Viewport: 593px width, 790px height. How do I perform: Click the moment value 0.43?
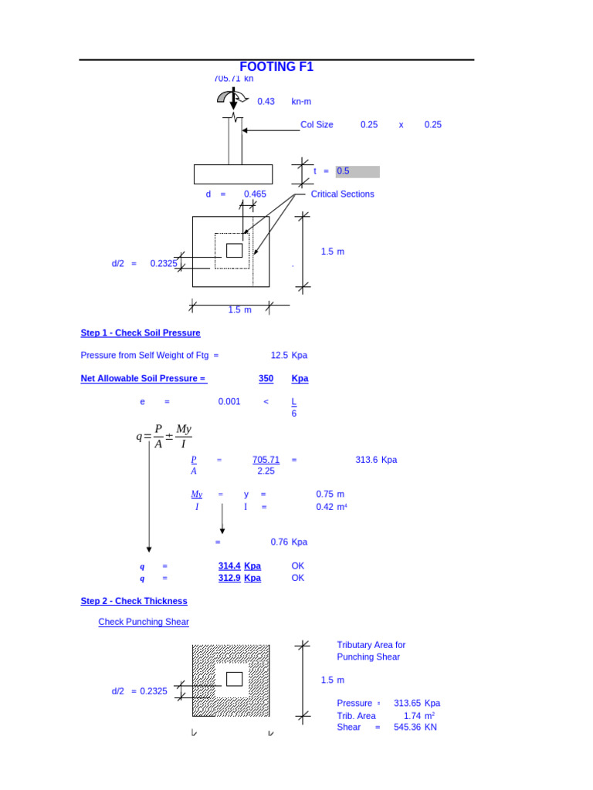pos(266,102)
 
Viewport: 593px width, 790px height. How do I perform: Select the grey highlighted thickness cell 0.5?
pos(357,171)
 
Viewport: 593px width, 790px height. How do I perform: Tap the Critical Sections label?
pos(342,194)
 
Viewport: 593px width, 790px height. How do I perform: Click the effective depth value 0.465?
pos(255,194)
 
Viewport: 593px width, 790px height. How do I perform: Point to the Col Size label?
pos(317,125)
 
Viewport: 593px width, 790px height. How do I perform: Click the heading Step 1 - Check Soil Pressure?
pos(141,333)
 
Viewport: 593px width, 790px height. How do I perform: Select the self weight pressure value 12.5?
pos(279,356)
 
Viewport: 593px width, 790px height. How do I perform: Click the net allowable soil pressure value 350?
pos(266,379)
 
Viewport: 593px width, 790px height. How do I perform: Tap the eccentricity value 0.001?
pos(229,402)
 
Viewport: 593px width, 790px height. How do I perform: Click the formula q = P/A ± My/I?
pos(164,437)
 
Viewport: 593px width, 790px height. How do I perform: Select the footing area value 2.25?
pos(266,471)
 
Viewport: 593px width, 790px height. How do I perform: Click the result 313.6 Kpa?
pos(376,460)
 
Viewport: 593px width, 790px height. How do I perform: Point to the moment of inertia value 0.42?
pos(324,507)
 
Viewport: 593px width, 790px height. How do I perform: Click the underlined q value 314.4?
pos(229,566)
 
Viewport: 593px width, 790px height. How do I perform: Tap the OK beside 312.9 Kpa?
pos(298,578)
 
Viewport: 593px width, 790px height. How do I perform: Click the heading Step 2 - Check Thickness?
pos(134,601)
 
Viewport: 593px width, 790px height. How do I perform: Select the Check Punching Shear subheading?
pos(144,622)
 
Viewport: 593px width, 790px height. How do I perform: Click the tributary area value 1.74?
pos(412,716)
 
